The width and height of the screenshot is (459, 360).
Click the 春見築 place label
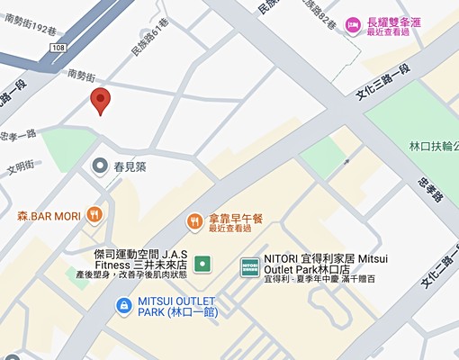137,166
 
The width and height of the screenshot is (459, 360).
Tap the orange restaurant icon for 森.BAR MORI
94,215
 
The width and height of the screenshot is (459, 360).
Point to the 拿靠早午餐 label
236,219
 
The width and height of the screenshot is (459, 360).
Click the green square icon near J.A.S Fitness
203,265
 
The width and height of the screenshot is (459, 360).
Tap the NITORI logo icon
250,266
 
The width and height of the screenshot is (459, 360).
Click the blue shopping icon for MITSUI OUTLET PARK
121,307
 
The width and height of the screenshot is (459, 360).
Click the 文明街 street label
21,166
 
